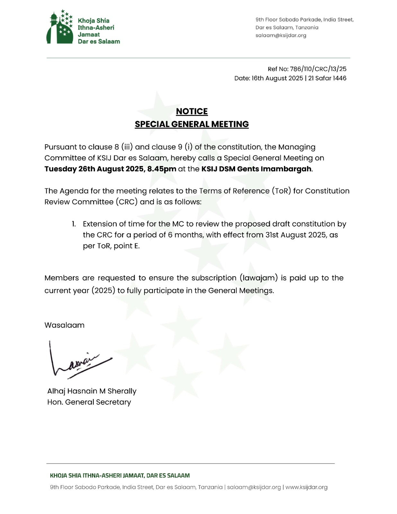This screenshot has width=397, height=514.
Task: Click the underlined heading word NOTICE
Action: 192,111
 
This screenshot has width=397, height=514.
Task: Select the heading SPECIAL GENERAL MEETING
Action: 192,124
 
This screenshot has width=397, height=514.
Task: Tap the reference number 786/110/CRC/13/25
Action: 318,69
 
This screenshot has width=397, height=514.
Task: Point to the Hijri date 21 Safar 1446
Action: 327,78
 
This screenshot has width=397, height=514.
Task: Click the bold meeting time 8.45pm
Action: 162,169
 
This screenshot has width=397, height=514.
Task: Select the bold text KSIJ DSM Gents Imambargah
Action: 256,169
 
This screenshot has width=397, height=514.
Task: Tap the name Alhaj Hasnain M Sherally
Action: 92,391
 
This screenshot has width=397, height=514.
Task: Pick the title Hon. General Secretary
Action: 89,402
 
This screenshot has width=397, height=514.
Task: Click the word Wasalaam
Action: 65,325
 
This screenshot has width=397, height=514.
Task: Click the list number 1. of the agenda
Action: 74,224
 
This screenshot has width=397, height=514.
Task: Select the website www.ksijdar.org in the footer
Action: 306,487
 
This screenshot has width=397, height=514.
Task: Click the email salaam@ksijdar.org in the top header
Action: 281,35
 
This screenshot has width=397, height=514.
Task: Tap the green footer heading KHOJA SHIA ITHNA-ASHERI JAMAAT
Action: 120,475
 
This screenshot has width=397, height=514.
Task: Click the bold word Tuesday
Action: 60,169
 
